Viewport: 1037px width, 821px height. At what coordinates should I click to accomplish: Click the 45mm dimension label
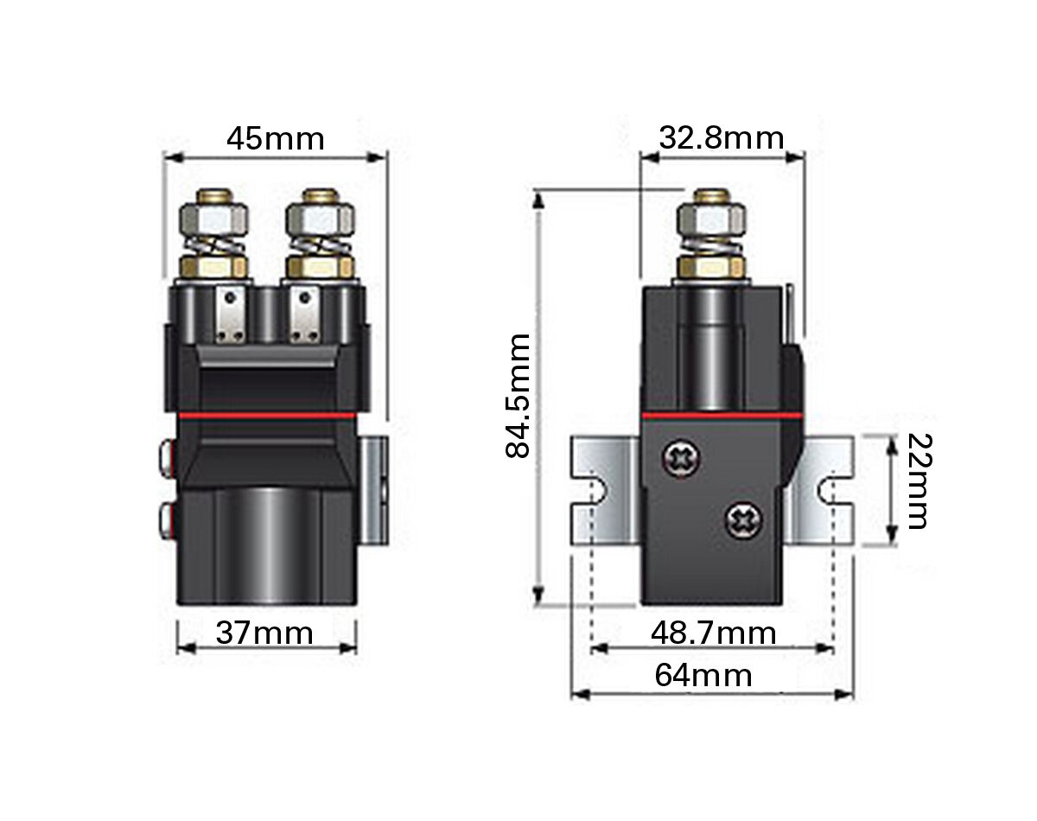275,139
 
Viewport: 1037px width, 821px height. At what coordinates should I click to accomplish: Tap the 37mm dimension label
264,633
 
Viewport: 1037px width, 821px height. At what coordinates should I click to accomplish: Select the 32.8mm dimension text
722,138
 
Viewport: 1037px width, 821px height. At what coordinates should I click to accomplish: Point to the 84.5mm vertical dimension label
518,395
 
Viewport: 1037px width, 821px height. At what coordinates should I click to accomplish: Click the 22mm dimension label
919,481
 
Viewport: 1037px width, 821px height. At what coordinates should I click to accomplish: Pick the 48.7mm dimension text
714,633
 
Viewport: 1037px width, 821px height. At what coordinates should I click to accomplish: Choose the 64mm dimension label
703,676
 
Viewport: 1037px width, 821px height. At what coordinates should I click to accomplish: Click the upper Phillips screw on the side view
682,459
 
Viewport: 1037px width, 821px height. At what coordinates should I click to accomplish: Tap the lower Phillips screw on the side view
744,520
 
